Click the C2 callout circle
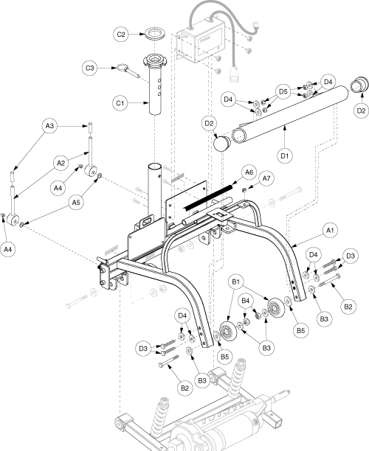pyautogui.click(x=121, y=34)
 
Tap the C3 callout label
pyautogui.click(x=89, y=69)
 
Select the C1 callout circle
pyautogui.click(x=120, y=103)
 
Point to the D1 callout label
pyautogui.click(x=285, y=155)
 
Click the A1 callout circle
pyautogui.click(x=330, y=231)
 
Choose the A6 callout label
pyautogui.click(x=249, y=172)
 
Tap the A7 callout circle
pyautogui.click(x=266, y=178)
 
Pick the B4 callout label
pyautogui.click(x=246, y=301)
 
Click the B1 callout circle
pyautogui.click(x=236, y=282)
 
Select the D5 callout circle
pyautogui.click(x=283, y=92)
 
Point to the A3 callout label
pyautogui.click(x=49, y=126)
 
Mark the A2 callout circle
pyautogui.click(x=61, y=163)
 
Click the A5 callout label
pyautogui.click(x=76, y=203)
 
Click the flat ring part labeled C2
pyautogui.click(x=155, y=33)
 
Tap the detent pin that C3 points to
pyautogui.click(x=128, y=71)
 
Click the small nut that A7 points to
pyautogui.click(x=244, y=189)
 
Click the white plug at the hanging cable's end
pyautogui.click(x=234, y=76)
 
